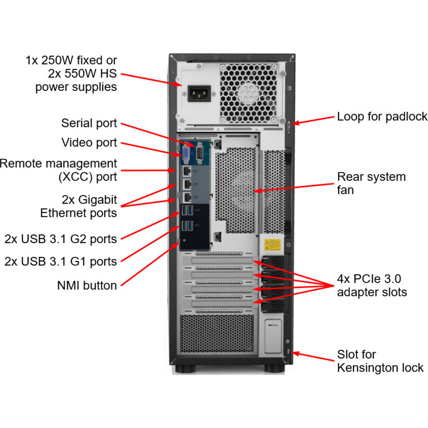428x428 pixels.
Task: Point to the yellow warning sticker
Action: tap(273, 245)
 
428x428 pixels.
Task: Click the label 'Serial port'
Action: tap(89, 123)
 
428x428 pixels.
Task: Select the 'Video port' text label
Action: tap(89, 143)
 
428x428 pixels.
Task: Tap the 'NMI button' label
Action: tap(87, 285)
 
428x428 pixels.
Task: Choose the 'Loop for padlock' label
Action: tap(382, 117)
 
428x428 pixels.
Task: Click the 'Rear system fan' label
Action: tap(371, 183)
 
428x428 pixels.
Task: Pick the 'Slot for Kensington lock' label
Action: tap(380, 361)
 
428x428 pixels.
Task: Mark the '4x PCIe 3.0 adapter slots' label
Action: tap(372, 285)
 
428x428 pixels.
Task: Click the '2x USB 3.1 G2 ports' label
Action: tap(60, 238)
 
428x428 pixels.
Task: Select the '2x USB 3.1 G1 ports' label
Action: tap(60, 261)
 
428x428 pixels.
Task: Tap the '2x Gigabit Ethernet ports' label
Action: tap(78, 206)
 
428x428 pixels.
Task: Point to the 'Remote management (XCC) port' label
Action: tap(58, 170)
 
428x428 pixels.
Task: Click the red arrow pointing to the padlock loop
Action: tap(314, 120)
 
